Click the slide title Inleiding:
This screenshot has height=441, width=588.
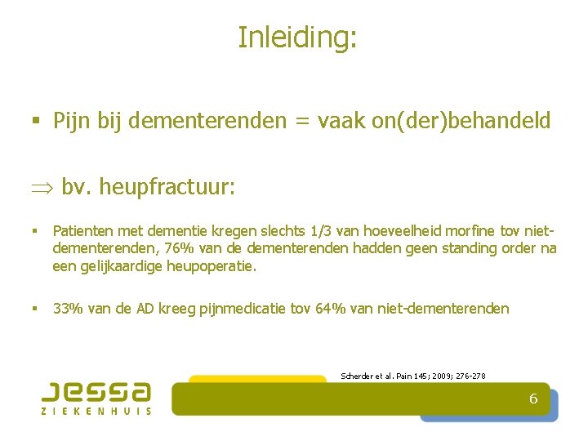coord(297,37)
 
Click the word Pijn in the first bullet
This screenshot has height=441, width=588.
coord(70,122)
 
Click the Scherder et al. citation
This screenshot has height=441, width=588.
coord(412,376)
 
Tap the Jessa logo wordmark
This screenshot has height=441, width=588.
coord(96,390)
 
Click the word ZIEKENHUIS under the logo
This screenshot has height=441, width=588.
coord(96,411)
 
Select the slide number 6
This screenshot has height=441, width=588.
coord(533,399)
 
